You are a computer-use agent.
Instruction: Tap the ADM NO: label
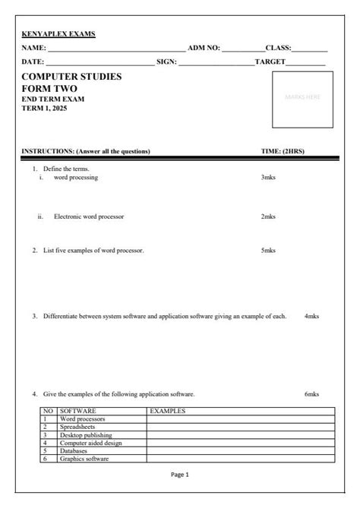pos(204,48)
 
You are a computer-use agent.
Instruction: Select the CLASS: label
pos(278,48)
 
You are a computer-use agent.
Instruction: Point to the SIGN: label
pos(166,61)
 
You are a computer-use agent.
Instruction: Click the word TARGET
pos(270,61)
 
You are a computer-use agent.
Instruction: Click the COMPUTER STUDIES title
pos(71,77)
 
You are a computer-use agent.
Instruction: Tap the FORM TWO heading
pos(49,89)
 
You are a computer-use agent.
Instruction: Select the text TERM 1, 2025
pos(45,108)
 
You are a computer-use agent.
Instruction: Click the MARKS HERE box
pos(302,97)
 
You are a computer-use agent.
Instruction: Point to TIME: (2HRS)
pos(283,151)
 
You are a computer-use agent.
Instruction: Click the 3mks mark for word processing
pos(268,177)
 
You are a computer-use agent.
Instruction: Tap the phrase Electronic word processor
pos(89,216)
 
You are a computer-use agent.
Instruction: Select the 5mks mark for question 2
pos(268,250)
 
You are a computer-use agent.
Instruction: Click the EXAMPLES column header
pos(168,411)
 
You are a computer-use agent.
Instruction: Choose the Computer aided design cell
pos(90,443)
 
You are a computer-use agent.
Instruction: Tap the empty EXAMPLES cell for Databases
pos(240,451)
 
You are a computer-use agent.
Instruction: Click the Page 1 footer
pos(180,475)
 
